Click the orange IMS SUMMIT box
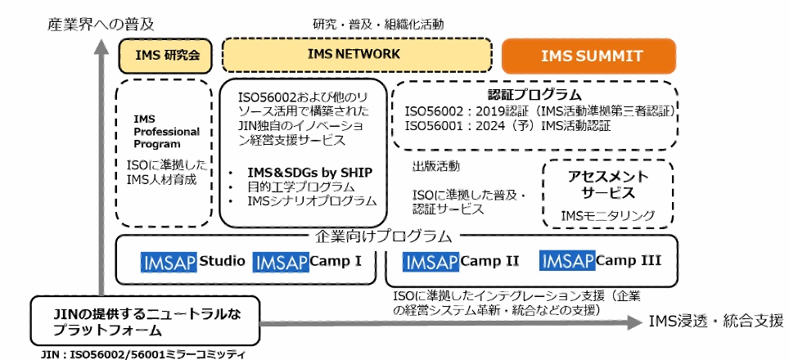(x=589, y=56)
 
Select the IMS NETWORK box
(x=354, y=54)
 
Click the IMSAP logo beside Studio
(x=170, y=262)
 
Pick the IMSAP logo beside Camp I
(x=281, y=262)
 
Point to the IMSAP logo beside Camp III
(x=567, y=262)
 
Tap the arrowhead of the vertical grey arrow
(x=101, y=48)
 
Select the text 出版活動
(x=435, y=166)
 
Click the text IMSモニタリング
(x=608, y=215)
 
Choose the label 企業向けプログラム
(x=384, y=236)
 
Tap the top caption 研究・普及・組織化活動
(x=378, y=25)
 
